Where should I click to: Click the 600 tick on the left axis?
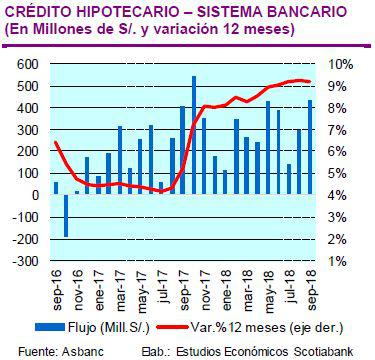tap(26, 63)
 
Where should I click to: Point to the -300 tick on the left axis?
tap(23, 260)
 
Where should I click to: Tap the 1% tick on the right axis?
tap(341, 260)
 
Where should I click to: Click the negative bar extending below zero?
tap(66, 215)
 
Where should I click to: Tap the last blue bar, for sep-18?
tap(311, 146)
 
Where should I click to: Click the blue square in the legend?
tap(72, 326)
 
